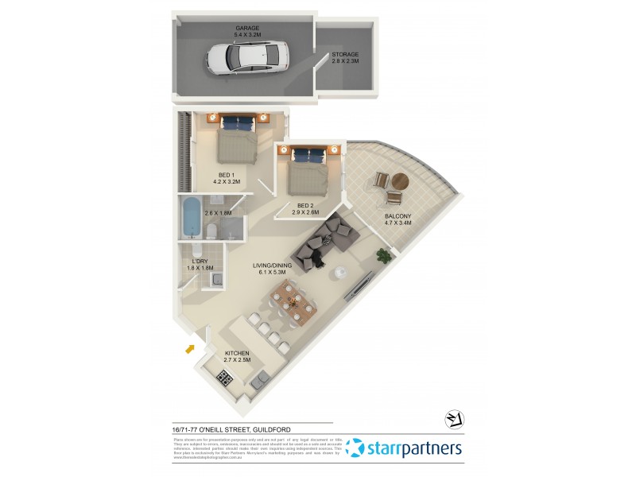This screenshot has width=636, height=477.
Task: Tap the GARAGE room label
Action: pyautogui.click(x=247, y=28)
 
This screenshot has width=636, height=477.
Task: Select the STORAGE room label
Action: pyautogui.click(x=345, y=55)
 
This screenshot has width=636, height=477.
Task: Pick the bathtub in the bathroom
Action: pyautogui.click(x=192, y=218)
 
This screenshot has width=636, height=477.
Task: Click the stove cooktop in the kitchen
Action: pyautogui.click(x=225, y=379)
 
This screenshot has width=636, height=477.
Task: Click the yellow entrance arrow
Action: pyautogui.click(x=189, y=347)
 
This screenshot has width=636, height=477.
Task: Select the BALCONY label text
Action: pyautogui.click(x=397, y=216)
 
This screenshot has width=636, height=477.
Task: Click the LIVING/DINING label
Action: pyautogui.click(x=272, y=266)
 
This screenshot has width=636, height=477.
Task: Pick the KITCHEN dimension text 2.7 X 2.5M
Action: pyautogui.click(x=237, y=360)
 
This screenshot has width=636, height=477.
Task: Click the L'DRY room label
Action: pyautogui.click(x=200, y=261)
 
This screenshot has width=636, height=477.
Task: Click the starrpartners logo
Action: pyautogui.click(x=405, y=448)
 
